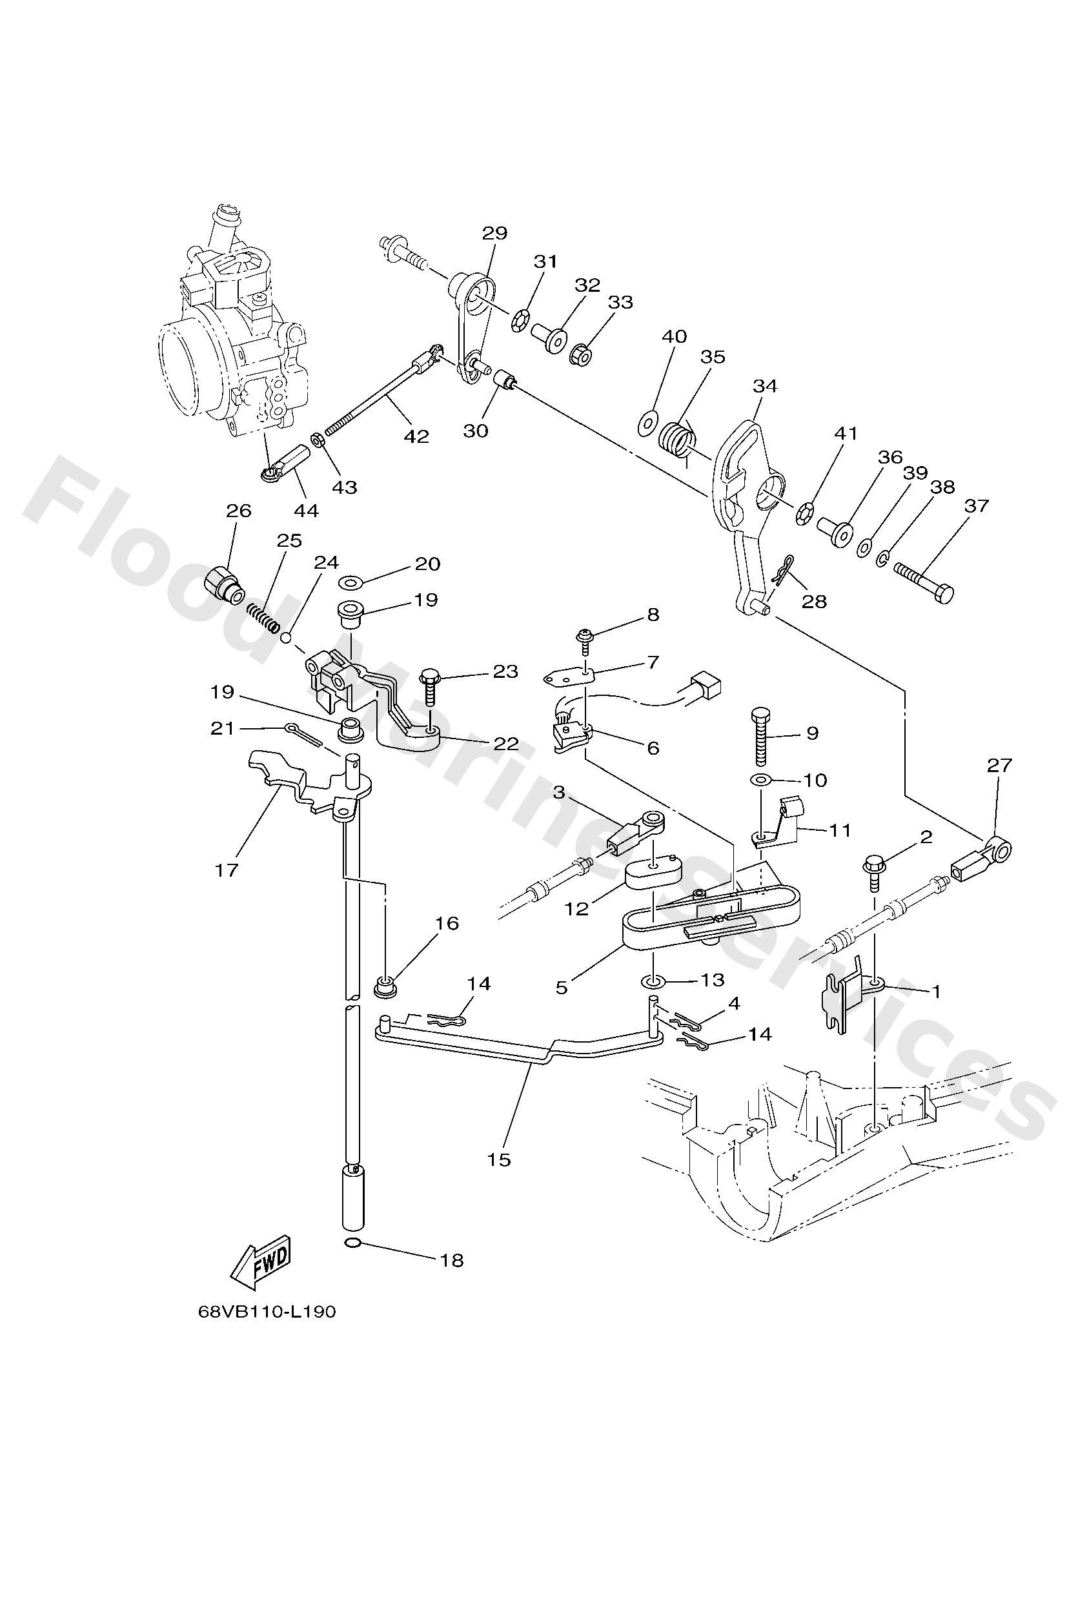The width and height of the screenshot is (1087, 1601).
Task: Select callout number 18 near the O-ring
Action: (x=452, y=1261)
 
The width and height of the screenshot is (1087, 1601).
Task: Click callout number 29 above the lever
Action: (x=494, y=233)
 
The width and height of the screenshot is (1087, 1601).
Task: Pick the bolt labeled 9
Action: (x=760, y=736)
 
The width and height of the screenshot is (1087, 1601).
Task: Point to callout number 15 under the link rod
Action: (x=500, y=1159)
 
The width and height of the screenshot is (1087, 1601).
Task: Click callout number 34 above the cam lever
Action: (x=765, y=386)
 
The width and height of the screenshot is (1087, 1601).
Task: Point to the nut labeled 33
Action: (x=581, y=355)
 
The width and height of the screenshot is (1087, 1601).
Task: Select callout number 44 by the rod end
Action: (x=306, y=511)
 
